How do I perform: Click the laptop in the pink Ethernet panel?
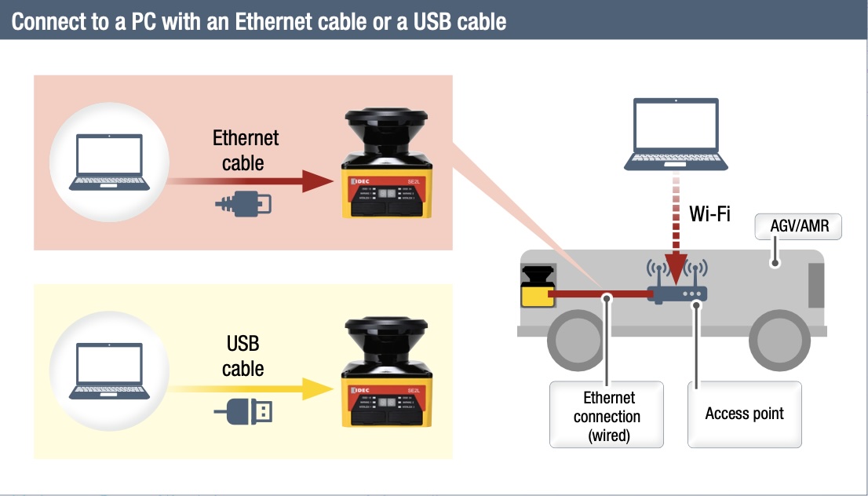tap(109, 162)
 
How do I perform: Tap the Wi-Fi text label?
tap(709, 213)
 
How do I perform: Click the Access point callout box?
tap(744, 414)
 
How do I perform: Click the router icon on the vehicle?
tap(677, 292)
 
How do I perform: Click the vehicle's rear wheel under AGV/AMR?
tap(779, 342)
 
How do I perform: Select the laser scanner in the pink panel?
tap(385, 164)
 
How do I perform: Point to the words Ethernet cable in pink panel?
tap(246, 151)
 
